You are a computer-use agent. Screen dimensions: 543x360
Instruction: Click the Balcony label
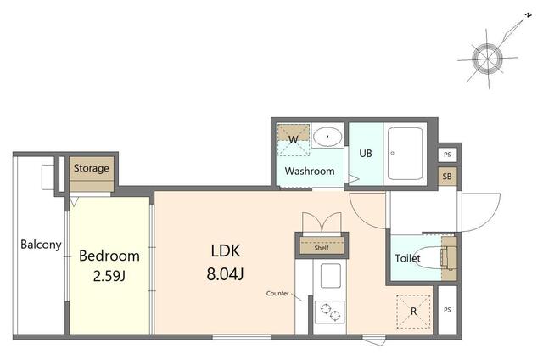click(41, 245)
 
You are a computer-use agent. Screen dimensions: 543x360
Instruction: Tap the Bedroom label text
click(109, 256)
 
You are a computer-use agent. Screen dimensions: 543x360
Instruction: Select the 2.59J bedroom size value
click(109, 276)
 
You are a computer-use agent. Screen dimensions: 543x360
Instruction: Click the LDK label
click(226, 250)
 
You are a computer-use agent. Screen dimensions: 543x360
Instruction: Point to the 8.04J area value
click(225, 273)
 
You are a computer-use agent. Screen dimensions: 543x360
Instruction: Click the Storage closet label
click(92, 168)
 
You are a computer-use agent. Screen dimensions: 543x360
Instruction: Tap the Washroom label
click(310, 171)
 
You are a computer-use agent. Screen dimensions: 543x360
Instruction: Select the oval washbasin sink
click(327, 136)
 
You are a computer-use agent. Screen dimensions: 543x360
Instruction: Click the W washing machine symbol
click(294, 140)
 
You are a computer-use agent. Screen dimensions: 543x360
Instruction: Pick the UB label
click(366, 153)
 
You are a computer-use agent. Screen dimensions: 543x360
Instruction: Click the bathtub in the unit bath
click(406, 154)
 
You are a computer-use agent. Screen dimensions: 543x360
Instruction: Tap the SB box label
click(447, 177)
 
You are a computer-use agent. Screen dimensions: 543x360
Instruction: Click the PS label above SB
click(447, 155)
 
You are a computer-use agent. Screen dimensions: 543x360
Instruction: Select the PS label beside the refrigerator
click(447, 309)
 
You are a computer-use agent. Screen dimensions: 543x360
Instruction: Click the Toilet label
click(407, 258)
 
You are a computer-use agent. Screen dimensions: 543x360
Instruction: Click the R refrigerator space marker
click(413, 312)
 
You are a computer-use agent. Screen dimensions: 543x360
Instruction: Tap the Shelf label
click(322, 248)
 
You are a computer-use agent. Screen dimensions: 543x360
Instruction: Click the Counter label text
click(277, 294)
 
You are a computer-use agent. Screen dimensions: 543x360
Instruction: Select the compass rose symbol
click(488, 58)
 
